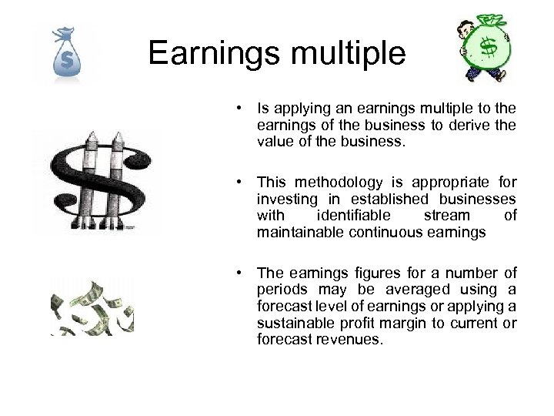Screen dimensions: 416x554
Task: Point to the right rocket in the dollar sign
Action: [x=120, y=177]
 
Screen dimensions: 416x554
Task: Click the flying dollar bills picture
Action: [x=92, y=308]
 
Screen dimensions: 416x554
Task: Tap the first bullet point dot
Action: [x=241, y=108]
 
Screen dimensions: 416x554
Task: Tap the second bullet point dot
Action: [x=241, y=183]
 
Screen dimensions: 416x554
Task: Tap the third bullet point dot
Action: [x=241, y=273]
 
